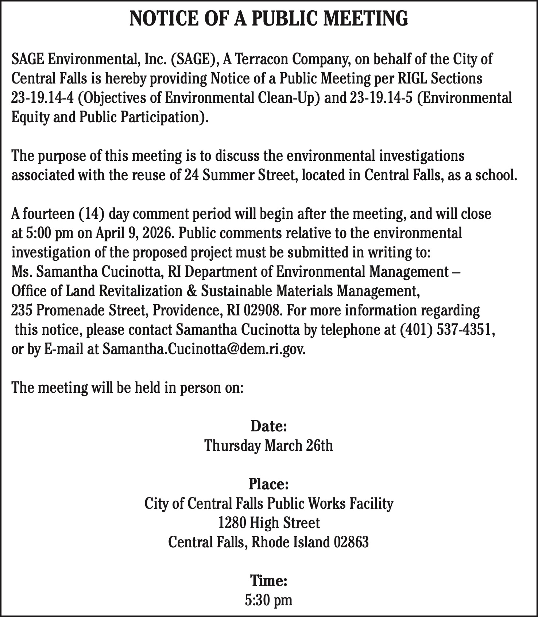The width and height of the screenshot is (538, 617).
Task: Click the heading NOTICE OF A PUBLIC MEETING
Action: (x=269, y=19)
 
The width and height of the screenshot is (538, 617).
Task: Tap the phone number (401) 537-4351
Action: (x=447, y=330)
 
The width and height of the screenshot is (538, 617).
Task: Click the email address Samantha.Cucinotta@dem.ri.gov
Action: (x=204, y=349)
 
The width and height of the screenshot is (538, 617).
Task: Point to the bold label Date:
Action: (x=269, y=426)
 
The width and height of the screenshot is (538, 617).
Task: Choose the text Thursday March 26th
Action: (x=269, y=446)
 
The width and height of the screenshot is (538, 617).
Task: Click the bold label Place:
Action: (x=269, y=484)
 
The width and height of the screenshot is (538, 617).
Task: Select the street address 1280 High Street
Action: (x=269, y=523)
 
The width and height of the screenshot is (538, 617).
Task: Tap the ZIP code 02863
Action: (x=351, y=543)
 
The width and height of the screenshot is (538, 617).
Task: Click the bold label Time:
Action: (x=269, y=581)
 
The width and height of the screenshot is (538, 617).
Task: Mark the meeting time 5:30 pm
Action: (x=269, y=600)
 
